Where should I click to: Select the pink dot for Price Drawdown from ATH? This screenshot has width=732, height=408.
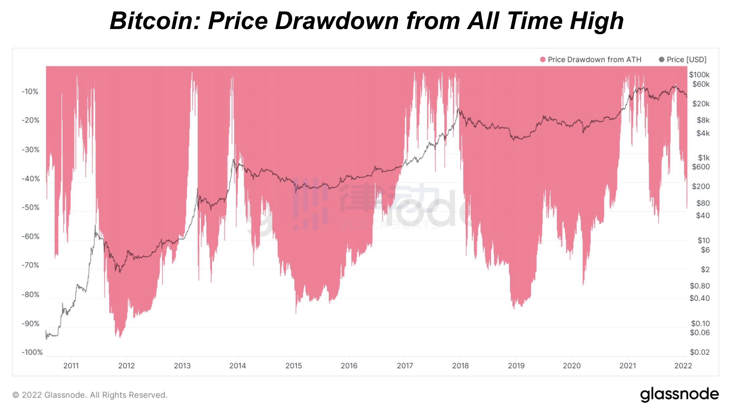(x=542, y=59)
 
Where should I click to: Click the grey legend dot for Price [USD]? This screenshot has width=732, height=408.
(x=661, y=59)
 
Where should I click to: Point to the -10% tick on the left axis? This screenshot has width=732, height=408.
(x=30, y=91)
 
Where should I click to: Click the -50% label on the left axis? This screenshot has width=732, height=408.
(x=30, y=207)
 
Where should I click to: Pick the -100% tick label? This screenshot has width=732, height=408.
(x=32, y=352)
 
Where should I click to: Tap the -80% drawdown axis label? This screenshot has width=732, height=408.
(x=30, y=294)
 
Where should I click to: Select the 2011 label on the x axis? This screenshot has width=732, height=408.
(x=71, y=366)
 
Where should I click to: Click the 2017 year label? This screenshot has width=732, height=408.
(x=405, y=366)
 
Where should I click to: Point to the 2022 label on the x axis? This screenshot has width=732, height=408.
(x=683, y=366)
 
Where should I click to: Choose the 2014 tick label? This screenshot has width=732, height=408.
(x=238, y=366)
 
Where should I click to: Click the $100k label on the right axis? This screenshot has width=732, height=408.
(x=699, y=74)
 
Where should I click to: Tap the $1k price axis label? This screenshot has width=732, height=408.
(x=703, y=158)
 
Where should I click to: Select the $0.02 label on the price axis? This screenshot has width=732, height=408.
(x=700, y=352)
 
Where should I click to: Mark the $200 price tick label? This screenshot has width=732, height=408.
(x=701, y=186)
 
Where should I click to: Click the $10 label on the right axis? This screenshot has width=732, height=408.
(x=703, y=240)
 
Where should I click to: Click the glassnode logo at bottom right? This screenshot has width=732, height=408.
(x=679, y=394)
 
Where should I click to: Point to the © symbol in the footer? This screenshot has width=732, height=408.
(x=16, y=395)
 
